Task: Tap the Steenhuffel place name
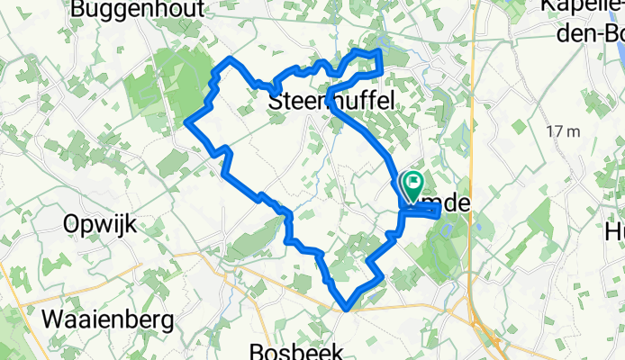[x=332, y=103]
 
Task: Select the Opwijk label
[x=100, y=225]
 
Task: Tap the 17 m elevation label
[x=563, y=131]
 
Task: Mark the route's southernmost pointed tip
[x=347, y=308]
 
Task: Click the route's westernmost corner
[x=186, y=122]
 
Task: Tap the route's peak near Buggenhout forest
[x=231, y=58]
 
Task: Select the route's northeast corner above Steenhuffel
[x=381, y=53]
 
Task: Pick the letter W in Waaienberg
[x=54, y=318]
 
